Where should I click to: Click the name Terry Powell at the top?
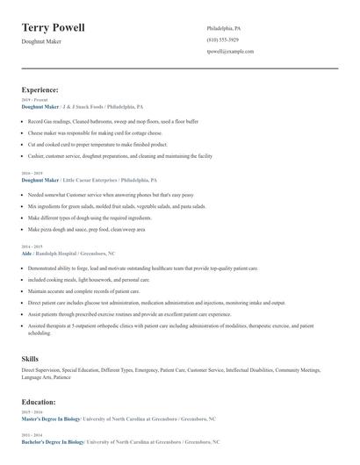point(54,28)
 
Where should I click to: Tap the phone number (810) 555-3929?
point(222,39)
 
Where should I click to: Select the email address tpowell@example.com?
point(230,52)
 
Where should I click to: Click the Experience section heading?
point(40,89)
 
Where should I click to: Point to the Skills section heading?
point(30,358)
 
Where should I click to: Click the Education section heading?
point(40,402)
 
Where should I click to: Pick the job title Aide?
point(26,253)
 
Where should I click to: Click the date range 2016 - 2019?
point(31,174)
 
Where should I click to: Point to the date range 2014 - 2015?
point(31,247)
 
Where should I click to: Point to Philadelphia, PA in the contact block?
point(224,28)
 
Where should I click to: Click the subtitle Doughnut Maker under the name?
point(41,42)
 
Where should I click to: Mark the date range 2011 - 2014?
point(31,435)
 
